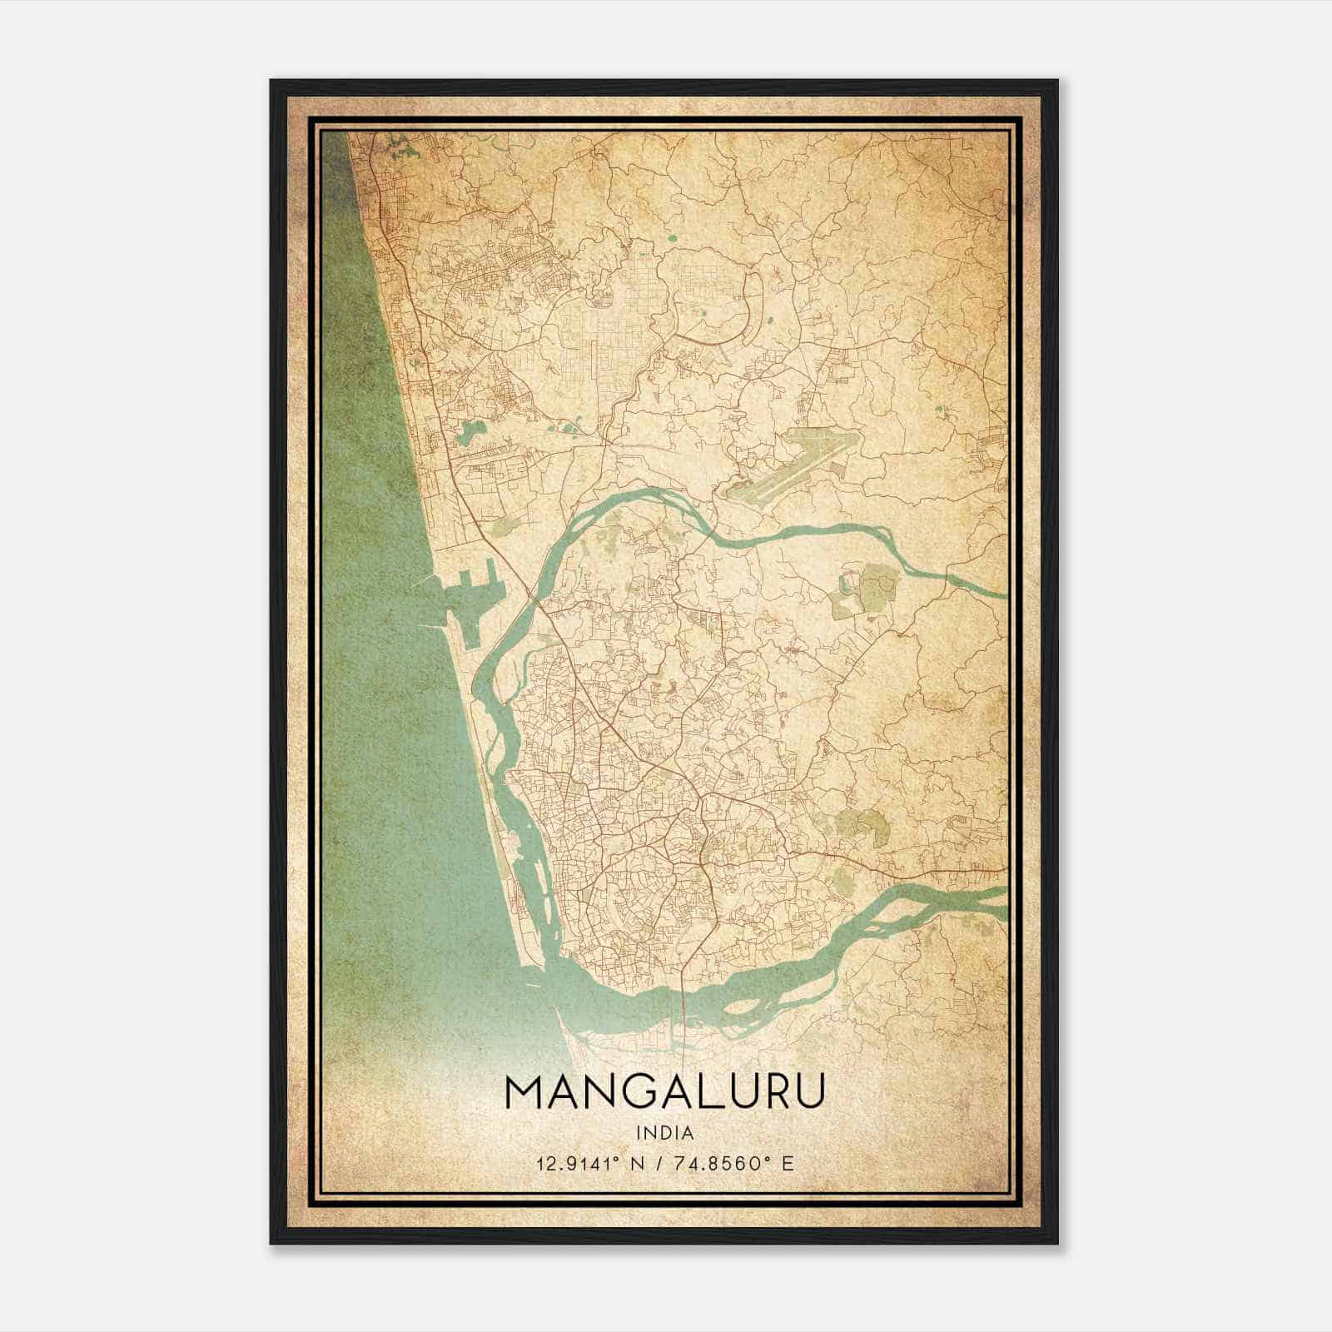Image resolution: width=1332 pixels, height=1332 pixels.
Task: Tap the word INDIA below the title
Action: pyautogui.click(x=664, y=1132)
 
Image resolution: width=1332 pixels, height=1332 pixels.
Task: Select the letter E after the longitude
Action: pyautogui.click(x=788, y=1162)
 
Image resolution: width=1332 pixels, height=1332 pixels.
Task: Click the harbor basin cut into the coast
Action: pyautogui.click(x=472, y=599)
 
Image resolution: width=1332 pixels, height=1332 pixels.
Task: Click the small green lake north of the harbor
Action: pyautogui.click(x=471, y=432)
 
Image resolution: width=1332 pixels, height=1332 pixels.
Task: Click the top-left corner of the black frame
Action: pyautogui.click(x=271, y=82)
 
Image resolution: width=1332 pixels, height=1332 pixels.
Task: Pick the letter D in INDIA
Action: pyautogui.click(x=664, y=1132)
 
